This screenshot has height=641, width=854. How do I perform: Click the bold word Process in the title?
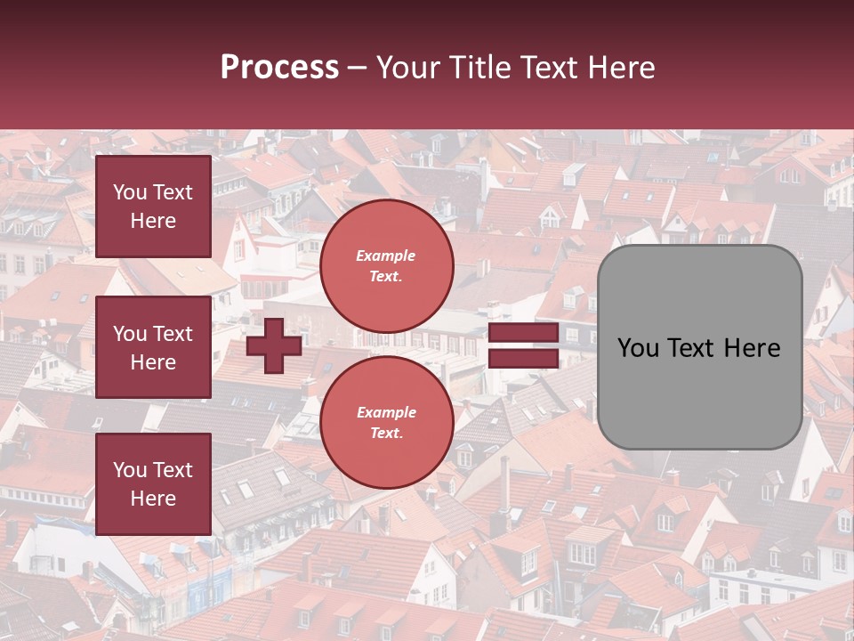(279, 68)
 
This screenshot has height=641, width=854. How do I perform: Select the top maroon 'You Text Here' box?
(153, 207)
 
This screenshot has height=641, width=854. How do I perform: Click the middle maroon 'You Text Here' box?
(153, 347)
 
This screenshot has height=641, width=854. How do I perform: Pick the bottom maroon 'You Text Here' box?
(153, 483)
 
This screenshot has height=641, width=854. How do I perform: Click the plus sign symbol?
(274, 345)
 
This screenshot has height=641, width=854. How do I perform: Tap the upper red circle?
(386, 266)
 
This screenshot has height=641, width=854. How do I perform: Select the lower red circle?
(386, 423)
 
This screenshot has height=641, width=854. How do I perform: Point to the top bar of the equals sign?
(523, 333)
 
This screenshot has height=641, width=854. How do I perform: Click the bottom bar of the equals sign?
(523, 358)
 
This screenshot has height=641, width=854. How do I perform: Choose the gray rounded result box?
(699, 347)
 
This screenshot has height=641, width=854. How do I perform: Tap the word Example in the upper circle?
(386, 256)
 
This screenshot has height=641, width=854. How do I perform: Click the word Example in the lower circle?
(386, 412)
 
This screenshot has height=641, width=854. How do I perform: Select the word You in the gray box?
(639, 348)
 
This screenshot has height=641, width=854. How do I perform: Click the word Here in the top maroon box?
(153, 221)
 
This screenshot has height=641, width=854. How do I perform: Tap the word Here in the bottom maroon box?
(153, 499)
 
